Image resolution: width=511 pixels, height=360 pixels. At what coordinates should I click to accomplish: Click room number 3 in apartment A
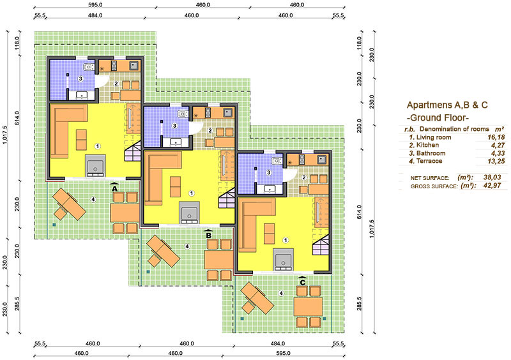pyautogui.click(x=80, y=79)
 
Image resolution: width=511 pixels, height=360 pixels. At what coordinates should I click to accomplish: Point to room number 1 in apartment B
pyautogui.click(x=192, y=193)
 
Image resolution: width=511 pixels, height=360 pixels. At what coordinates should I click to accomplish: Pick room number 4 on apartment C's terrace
pyautogui.click(x=281, y=293)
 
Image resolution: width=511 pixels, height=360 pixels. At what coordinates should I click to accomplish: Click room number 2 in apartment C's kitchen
pyautogui.click(x=304, y=177)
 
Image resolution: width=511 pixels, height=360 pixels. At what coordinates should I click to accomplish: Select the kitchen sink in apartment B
pyautogui.click(x=227, y=113)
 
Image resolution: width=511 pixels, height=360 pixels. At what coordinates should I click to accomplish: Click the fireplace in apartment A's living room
pyautogui.click(x=95, y=166)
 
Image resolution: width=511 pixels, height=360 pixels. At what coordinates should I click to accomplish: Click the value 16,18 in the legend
pyautogui.click(x=496, y=137)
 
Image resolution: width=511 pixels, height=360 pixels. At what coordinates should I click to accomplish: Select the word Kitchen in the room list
pyautogui.click(x=427, y=145)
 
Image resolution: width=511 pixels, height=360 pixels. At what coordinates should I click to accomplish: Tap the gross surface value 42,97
pyautogui.click(x=492, y=186)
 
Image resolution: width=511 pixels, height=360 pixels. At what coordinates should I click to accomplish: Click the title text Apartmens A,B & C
pyautogui.click(x=447, y=105)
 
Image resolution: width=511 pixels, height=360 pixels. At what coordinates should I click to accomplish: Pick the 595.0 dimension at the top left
pyautogui.click(x=95, y=5)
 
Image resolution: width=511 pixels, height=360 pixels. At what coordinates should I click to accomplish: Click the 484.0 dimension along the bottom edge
pyautogui.click(x=278, y=343)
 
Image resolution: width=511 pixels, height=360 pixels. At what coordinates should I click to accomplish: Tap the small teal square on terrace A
pyautogui.click(x=54, y=225)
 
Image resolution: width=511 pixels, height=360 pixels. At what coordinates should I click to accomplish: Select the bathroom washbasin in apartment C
pyautogui.click(x=270, y=188)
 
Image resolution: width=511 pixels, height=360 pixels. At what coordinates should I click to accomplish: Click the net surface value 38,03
pyautogui.click(x=492, y=177)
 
